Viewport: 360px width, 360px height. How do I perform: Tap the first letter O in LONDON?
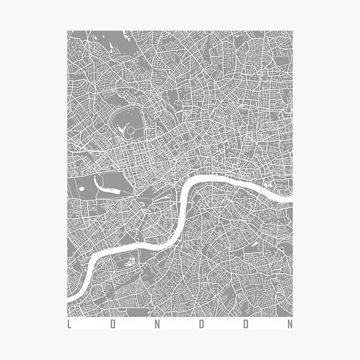[113, 325]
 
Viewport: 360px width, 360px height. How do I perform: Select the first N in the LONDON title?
[157, 325]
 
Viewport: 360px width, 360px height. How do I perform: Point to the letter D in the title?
[202, 325]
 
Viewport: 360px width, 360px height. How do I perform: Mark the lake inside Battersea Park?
[129, 262]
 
